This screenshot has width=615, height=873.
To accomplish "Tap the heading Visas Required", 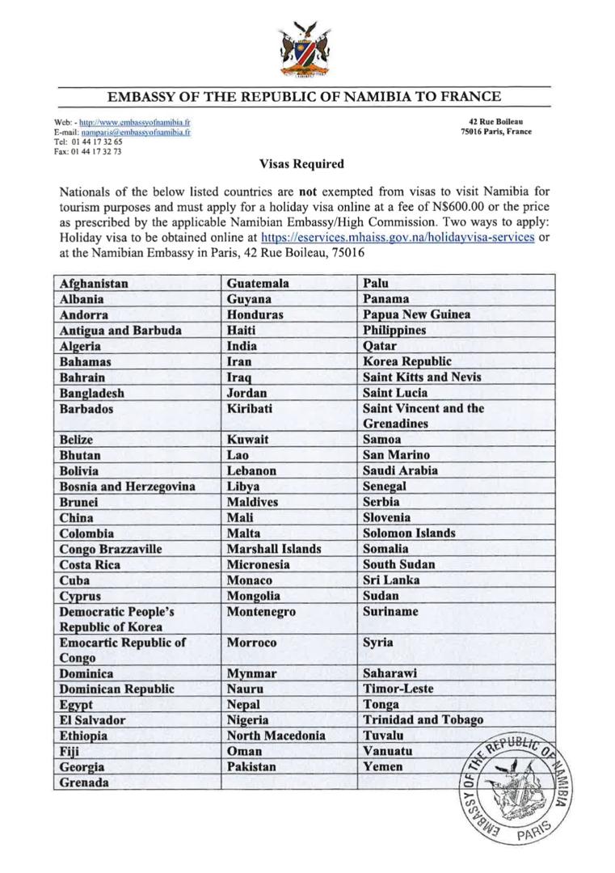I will (301, 164).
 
